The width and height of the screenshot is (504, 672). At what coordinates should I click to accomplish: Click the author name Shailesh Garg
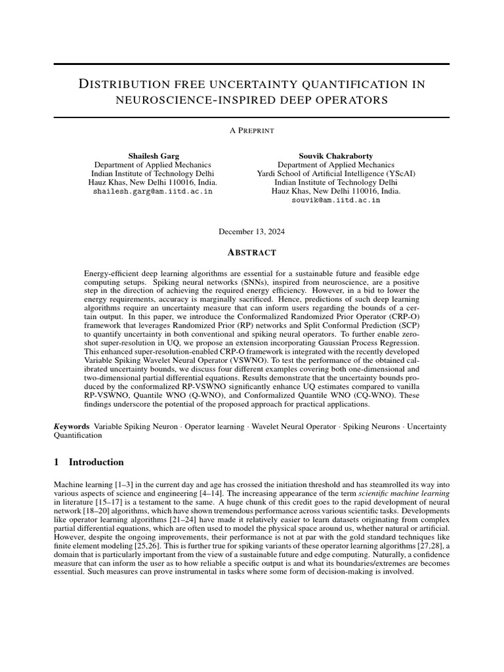[x=152, y=156]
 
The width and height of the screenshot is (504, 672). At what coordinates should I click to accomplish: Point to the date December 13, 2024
[x=251, y=232]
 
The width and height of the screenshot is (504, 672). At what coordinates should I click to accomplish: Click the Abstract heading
[x=251, y=253]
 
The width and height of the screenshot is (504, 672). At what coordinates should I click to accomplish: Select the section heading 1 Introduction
[x=89, y=462]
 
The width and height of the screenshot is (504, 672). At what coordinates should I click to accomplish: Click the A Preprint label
[x=251, y=131]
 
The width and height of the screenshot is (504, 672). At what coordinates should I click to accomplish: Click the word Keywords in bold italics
[x=72, y=427]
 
